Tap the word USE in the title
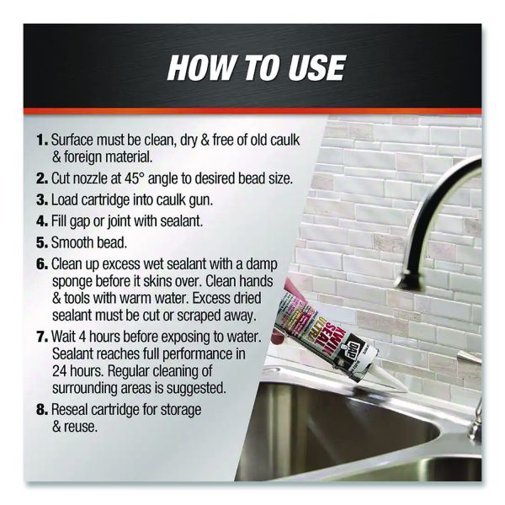(x=316, y=67)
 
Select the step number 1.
(x=42, y=140)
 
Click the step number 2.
(x=42, y=178)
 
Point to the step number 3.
(x=42, y=199)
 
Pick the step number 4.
(x=42, y=221)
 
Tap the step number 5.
(x=42, y=242)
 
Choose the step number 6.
(x=42, y=263)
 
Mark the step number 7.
(x=42, y=337)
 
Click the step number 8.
(x=42, y=409)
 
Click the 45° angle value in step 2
(x=133, y=178)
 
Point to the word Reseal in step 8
(x=70, y=409)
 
